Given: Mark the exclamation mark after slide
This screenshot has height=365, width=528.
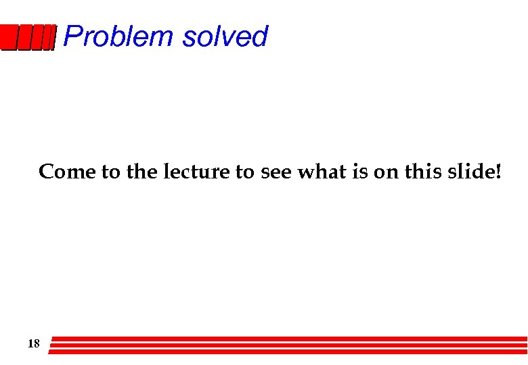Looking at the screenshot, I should tap(499, 172).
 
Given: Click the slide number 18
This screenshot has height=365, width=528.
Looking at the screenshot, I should tap(33, 344).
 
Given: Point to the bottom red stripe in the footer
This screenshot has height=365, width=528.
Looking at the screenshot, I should tap(288, 351).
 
